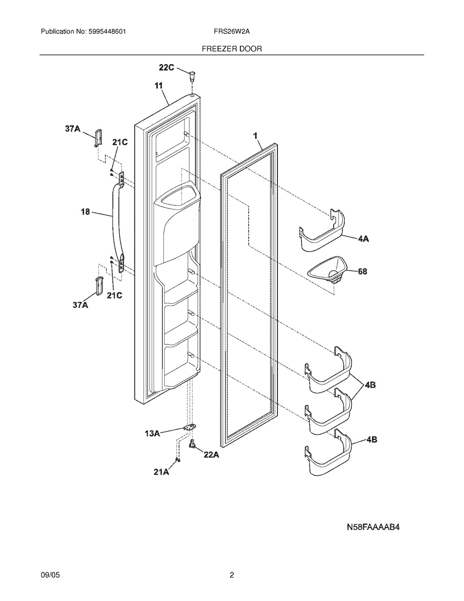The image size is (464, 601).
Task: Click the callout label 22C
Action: click(166, 67)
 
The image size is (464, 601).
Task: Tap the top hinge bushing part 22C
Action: click(192, 76)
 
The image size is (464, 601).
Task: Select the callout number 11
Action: click(159, 86)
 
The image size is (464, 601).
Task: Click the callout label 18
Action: click(85, 212)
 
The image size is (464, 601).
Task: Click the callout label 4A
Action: click(363, 238)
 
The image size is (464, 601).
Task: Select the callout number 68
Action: click(362, 271)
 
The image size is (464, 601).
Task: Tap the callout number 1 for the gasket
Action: click(255, 136)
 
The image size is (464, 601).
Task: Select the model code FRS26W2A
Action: click(232, 32)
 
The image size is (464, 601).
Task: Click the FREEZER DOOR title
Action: click(232, 49)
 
